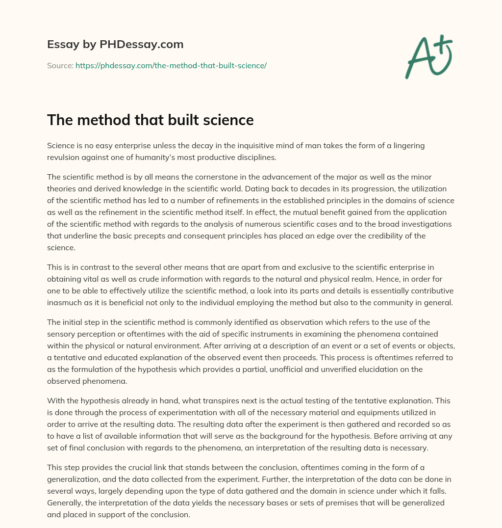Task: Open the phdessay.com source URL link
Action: (x=171, y=65)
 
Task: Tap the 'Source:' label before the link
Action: (x=60, y=65)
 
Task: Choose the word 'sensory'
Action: (x=62, y=334)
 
